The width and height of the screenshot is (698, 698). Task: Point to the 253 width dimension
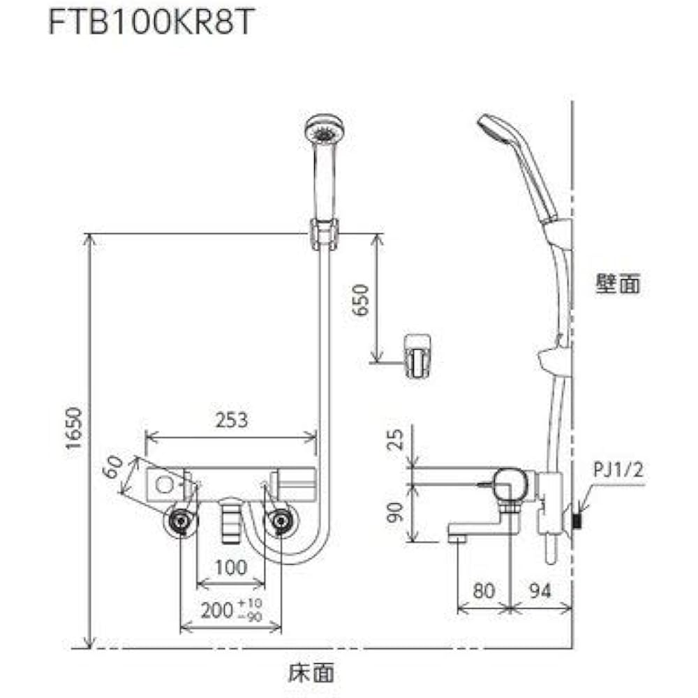tap(231, 419)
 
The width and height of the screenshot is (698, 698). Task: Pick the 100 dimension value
tap(231, 567)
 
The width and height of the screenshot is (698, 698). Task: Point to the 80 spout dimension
tap(484, 591)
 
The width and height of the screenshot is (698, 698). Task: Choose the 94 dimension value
tap(540, 591)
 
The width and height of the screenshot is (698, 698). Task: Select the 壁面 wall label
tap(618, 284)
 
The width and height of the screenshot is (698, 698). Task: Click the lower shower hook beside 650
tap(418, 355)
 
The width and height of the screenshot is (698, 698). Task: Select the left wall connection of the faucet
tap(181, 521)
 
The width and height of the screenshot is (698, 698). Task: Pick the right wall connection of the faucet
tap(281, 521)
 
